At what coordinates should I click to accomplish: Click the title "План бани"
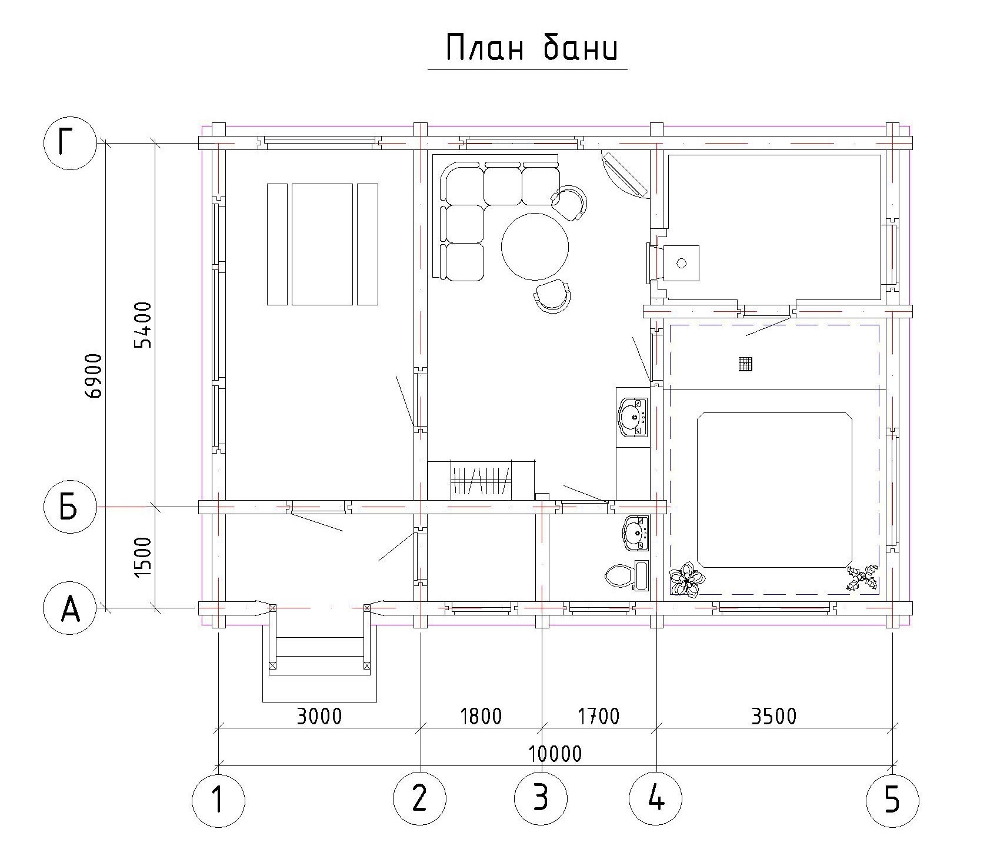pos(531,47)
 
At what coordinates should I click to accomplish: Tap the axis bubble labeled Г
pos(70,144)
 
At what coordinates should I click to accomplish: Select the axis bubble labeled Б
pos(70,507)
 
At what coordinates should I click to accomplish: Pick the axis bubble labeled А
pos(70,608)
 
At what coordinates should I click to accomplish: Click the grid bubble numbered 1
pos(218,800)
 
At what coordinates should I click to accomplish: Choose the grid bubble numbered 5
pos(892,800)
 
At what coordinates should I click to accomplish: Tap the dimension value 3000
pos(319,716)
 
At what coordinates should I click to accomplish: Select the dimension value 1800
pos(481,716)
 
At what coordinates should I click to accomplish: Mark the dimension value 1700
pos(598,716)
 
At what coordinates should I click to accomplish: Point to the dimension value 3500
pos(774,716)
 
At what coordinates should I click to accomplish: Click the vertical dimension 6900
pos(94,376)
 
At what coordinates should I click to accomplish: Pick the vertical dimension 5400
pos(142,325)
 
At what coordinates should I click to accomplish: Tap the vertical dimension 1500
pos(142,557)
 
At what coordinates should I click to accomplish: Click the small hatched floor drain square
pos(745,364)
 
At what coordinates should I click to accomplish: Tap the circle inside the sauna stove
pos(682,263)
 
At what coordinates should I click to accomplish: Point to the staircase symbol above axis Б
pos(481,480)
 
